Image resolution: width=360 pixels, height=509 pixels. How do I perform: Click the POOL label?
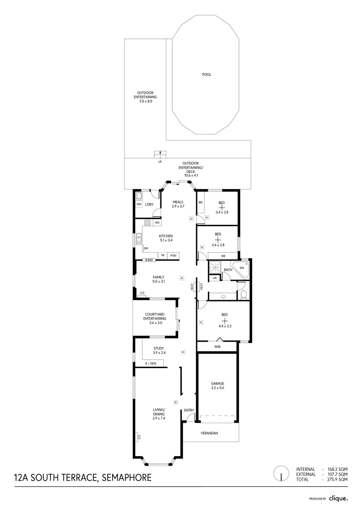point(206,74)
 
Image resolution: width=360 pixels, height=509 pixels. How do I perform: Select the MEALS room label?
point(178,202)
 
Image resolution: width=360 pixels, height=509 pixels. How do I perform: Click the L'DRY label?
point(149,204)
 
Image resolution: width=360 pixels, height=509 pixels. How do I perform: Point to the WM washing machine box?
point(139,204)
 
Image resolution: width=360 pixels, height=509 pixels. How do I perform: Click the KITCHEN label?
point(165,236)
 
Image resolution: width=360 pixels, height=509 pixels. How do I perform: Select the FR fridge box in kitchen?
point(163,255)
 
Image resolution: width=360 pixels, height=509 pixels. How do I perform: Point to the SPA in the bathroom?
point(242,267)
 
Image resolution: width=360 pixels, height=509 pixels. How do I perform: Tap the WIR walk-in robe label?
point(217,347)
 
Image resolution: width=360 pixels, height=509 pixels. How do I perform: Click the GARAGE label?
point(217,384)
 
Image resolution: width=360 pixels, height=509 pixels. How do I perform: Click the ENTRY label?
point(189,410)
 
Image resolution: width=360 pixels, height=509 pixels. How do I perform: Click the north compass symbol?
point(281,473)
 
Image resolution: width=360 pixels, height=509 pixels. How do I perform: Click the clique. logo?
point(338,498)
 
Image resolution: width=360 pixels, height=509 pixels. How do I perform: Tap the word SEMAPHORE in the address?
point(125,477)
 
